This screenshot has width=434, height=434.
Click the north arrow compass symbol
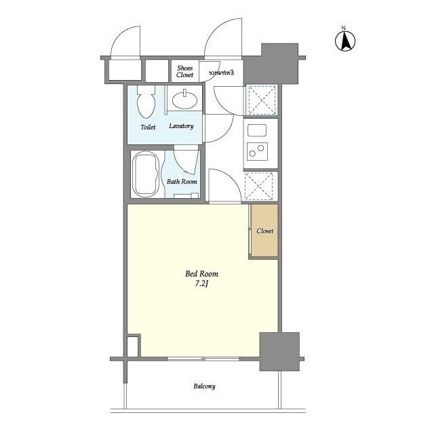[x=345, y=41]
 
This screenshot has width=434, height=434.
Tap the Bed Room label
[x=201, y=274]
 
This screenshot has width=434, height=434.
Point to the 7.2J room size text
[x=201, y=283]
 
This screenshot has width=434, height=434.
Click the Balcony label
[x=204, y=387]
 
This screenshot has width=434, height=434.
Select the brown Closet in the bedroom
[x=264, y=231]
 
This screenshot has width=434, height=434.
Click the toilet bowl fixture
[x=146, y=102]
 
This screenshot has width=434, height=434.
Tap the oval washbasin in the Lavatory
[x=184, y=100]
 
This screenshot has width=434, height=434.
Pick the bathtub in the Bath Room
[x=145, y=174]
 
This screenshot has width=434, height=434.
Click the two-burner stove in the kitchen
[x=257, y=151]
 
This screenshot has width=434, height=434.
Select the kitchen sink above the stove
[x=257, y=130]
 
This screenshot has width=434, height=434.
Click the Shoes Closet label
[x=185, y=71]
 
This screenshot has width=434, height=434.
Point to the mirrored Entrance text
[x=221, y=73]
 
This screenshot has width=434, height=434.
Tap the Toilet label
[x=148, y=127]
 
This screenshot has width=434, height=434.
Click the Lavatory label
[x=181, y=126]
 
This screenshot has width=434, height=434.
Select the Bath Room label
[x=182, y=182]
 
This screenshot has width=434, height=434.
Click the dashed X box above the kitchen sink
[x=262, y=100]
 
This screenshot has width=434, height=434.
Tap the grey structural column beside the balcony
[x=279, y=351]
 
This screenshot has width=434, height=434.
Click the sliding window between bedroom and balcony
[x=203, y=359]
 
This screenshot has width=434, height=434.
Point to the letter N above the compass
[x=344, y=28]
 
